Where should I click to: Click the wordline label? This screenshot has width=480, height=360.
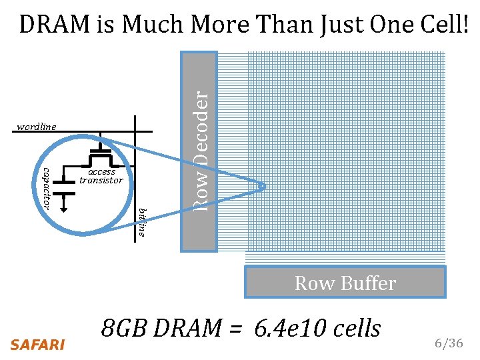[37, 127]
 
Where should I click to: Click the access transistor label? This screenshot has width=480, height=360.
[101, 176]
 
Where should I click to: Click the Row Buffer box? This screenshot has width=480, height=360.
[345, 282]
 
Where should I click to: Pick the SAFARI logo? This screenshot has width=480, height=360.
[37, 345]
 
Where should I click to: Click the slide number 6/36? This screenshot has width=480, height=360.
[448, 343]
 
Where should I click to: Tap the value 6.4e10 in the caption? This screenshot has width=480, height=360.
[291, 328]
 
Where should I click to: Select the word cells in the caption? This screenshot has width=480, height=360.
[354, 328]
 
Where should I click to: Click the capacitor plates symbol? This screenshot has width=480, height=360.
[64, 187]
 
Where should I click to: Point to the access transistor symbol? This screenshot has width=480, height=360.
[101, 156]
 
